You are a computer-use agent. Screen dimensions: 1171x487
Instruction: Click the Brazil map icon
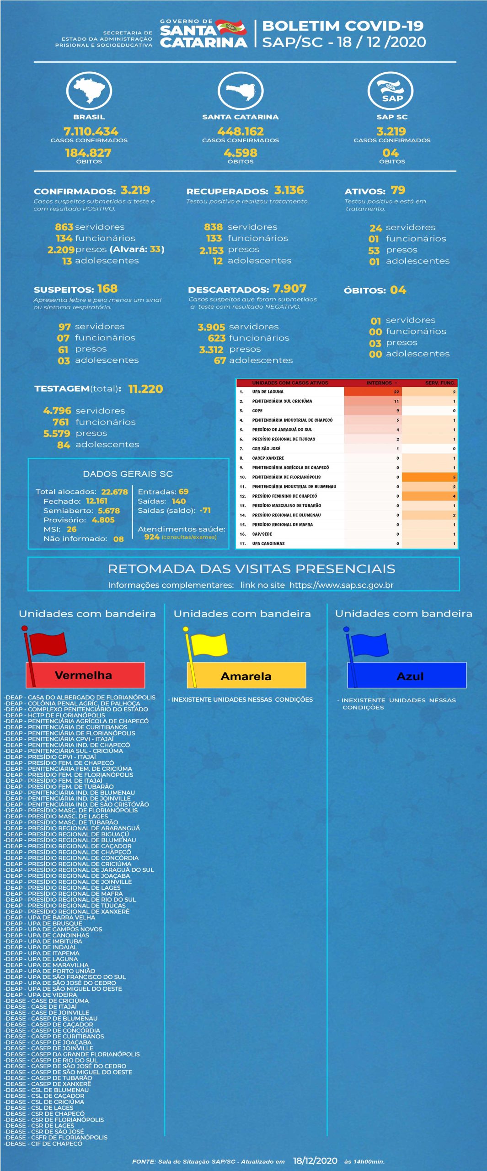click(x=89, y=90)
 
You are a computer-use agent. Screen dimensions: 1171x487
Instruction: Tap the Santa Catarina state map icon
click(x=240, y=90)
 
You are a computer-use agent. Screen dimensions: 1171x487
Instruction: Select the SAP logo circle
click(x=391, y=90)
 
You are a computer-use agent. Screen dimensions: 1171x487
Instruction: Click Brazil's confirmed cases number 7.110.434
click(x=91, y=131)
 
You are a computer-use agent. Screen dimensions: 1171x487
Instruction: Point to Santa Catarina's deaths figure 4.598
click(x=241, y=153)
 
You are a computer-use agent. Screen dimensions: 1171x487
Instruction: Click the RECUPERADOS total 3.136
click(x=289, y=190)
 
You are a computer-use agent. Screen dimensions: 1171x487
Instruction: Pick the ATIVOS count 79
click(x=398, y=190)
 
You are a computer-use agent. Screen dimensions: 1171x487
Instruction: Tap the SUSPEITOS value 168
click(x=107, y=289)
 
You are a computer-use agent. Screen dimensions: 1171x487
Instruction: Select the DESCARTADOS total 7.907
click(x=289, y=289)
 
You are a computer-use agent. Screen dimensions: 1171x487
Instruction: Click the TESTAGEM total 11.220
click(x=145, y=389)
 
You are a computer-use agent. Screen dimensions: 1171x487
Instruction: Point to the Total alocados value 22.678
click(x=114, y=492)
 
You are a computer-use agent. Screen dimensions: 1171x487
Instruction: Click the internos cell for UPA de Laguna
click(x=373, y=392)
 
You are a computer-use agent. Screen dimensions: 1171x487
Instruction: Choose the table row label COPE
click(x=257, y=411)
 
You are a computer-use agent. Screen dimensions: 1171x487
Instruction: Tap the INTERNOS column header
click(x=380, y=383)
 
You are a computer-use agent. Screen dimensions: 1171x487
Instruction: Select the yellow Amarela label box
click(x=246, y=676)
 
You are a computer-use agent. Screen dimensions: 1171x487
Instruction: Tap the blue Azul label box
click(x=407, y=676)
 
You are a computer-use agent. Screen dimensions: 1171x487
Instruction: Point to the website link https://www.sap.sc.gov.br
click(x=341, y=585)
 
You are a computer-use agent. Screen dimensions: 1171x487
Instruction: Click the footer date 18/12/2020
click(x=315, y=1160)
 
